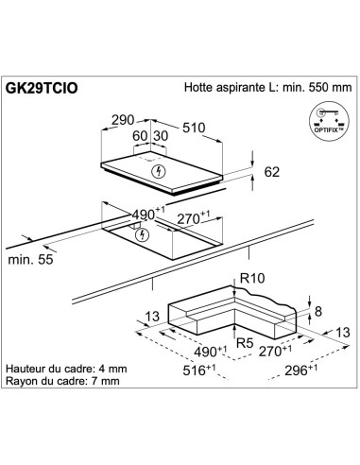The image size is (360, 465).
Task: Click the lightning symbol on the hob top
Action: coord(159,170)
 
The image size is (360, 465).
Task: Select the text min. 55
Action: coord(29,258)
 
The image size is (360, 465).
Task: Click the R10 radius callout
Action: coord(250,279)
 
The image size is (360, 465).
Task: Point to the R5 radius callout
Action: coord(243,343)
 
